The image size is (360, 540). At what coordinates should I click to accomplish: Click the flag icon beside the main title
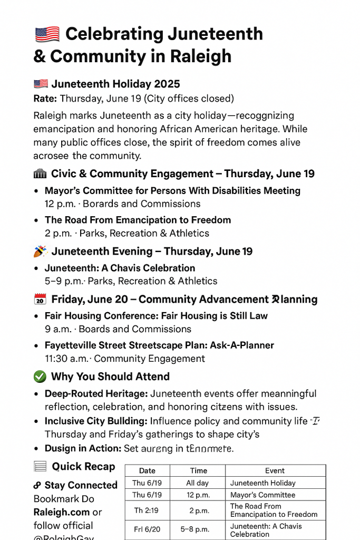click(47, 34)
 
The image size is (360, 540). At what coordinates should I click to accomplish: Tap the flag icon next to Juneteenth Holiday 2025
click(41, 84)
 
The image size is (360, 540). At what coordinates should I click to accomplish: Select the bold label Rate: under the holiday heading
click(45, 99)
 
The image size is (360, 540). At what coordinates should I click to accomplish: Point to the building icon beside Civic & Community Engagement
click(40, 174)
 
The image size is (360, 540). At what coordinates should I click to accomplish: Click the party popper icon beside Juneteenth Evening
click(41, 252)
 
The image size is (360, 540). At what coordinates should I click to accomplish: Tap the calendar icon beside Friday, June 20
click(40, 300)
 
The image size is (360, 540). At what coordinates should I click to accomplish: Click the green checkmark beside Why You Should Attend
click(40, 377)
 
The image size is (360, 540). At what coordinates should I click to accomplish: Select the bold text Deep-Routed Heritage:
click(96, 394)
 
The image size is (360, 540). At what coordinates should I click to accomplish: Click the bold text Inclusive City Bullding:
click(96, 421)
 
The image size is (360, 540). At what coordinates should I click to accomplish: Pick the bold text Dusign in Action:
click(83, 449)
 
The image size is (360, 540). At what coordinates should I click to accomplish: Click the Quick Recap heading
click(83, 467)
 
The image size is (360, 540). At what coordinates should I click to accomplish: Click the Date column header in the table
click(147, 471)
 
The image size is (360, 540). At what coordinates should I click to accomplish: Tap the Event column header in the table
click(275, 471)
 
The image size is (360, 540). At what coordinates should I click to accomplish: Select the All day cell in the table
click(198, 483)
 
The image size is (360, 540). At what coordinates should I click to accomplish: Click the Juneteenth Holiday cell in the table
click(263, 483)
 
